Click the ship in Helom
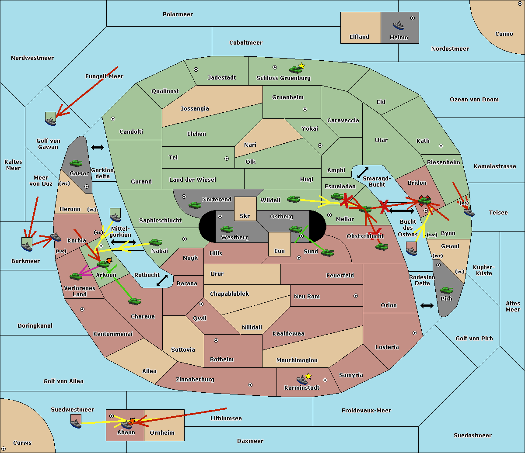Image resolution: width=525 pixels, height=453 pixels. coord(399,25)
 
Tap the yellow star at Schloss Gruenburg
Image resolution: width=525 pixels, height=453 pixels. coord(301,66)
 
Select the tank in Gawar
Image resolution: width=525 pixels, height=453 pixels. coord(76,163)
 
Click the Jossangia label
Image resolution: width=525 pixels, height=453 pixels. coord(195,109)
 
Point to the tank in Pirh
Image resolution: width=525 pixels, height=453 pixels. coord(446,290)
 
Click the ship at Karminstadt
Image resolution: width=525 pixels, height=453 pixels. coord(302,380)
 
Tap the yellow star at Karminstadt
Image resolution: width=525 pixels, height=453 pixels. coord(308,376)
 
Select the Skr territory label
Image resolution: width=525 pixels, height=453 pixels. coord(245,216)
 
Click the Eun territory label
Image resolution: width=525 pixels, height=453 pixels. coord(280,251)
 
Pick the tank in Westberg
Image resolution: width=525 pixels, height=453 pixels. coord(227,229)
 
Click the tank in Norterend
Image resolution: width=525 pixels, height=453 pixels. coord(195,205)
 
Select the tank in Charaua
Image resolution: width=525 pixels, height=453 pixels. coord(134,301)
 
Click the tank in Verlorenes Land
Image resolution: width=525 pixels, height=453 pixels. coord(76,276)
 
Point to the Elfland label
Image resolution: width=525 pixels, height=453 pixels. coord(359,37)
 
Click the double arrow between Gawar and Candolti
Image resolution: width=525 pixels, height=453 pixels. coord(98,147)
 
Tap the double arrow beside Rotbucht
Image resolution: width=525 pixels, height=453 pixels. coord(162,280)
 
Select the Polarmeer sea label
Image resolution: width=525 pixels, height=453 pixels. coord(178,14)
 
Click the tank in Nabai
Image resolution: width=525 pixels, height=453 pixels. coord(155,242)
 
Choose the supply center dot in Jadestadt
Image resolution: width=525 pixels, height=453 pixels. coord(196,69)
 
